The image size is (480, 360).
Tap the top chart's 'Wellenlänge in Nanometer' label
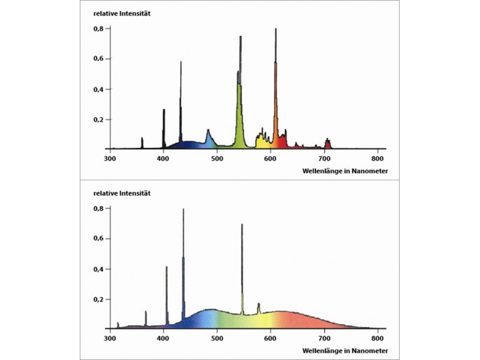(347, 172)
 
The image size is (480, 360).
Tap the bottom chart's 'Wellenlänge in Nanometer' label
(347, 351)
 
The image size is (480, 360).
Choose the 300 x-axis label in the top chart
(110, 159)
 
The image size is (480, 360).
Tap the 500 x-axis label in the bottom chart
(217, 338)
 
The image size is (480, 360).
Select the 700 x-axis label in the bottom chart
(325, 338)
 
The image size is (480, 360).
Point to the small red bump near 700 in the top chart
(328, 143)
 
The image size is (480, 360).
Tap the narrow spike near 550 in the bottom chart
(242, 264)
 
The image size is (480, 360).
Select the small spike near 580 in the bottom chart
(259, 308)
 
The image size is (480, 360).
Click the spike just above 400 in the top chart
(164, 126)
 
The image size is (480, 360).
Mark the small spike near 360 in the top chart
(142, 142)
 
